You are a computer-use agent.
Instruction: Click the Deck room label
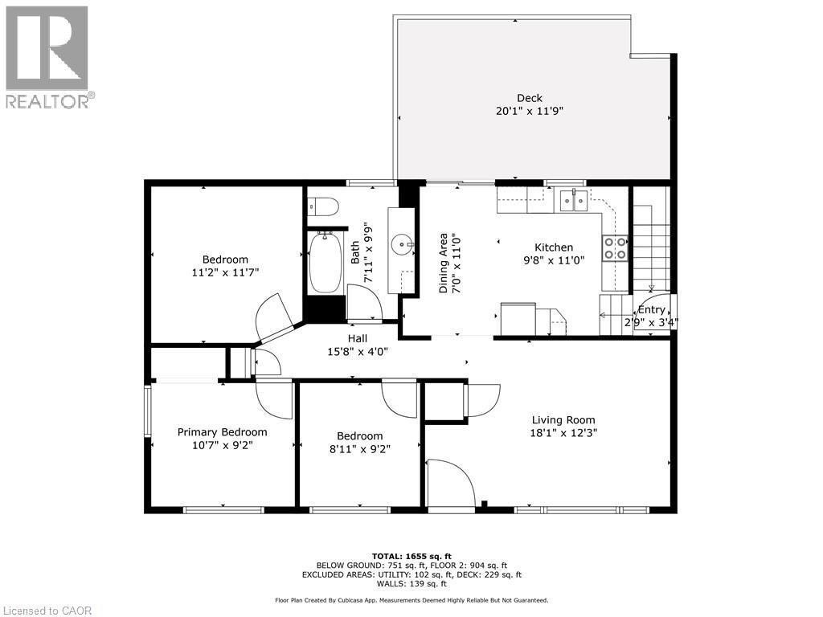pyautogui.click(x=529, y=98)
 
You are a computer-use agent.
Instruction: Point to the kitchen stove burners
pyautogui.click(x=615, y=248)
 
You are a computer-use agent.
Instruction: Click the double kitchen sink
pyautogui.click(x=573, y=201)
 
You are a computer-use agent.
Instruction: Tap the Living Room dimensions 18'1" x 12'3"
pyautogui.click(x=563, y=432)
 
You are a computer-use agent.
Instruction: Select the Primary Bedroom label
pyautogui.click(x=222, y=431)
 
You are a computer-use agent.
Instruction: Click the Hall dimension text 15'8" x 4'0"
pyautogui.click(x=358, y=351)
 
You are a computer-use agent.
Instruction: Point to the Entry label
pyautogui.click(x=651, y=309)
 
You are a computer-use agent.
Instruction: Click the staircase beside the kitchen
pyautogui.click(x=649, y=241)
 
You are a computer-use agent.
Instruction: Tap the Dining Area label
pyautogui.click(x=443, y=264)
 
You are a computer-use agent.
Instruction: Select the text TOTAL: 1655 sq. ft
pyautogui.click(x=411, y=556)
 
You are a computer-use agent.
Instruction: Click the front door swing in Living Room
pyautogui.click(x=450, y=484)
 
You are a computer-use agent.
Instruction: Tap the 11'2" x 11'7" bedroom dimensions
pyautogui.click(x=225, y=272)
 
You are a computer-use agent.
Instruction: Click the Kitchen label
pyautogui.click(x=554, y=247)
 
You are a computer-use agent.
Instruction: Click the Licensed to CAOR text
pyautogui.click(x=48, y=610)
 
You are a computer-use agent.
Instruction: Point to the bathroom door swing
pyautogui.click(x=366, y=300)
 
